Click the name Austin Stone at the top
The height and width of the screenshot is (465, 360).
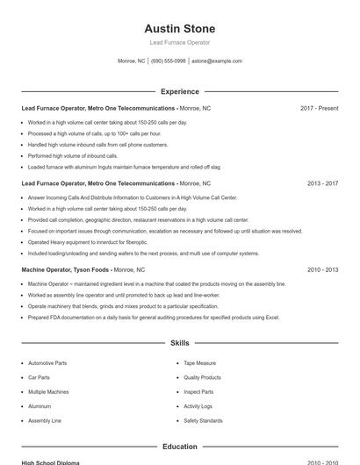(179, 29)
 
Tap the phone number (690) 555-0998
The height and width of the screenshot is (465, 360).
(168, 61)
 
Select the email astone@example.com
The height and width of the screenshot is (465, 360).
(217, 61)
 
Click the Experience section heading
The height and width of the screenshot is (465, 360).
(179, 91)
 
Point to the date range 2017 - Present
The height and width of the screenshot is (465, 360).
(319, 108)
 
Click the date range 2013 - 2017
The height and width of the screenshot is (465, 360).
(322, 183)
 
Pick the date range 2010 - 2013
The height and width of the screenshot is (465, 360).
(322, 270)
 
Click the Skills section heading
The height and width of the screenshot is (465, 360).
(179, 343)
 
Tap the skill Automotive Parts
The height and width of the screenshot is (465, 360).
(47, 363)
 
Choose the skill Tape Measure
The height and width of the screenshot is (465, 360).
(199, 363)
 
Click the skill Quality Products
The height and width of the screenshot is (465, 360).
(202, 377)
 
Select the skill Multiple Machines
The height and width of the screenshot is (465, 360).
(48, 392)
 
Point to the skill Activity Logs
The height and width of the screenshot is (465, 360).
(198, 406)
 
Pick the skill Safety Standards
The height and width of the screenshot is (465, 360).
(203, 421)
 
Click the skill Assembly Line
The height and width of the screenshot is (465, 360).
(45, 421)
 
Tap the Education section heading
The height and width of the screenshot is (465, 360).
(179, 447)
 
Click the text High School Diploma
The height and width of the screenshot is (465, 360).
(50, 461)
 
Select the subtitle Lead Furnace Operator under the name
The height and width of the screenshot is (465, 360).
(179, 42)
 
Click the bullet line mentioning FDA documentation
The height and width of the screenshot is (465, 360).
(153, 317)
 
